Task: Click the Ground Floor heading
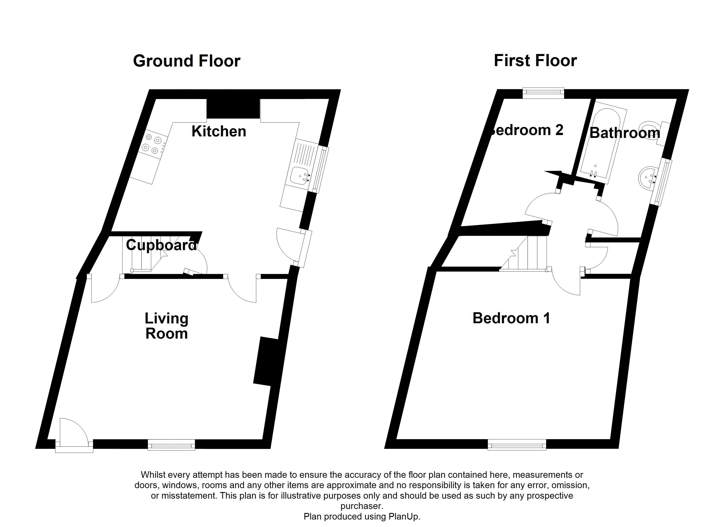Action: click(x=186, y=61)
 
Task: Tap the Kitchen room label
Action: click(x=219, y=131)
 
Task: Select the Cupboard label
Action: click(x=161, y=245)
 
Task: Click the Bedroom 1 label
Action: click(x=511, y=318)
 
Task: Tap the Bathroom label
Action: click(x=624, y=133)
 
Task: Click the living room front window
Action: click(x=171, y=444)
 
